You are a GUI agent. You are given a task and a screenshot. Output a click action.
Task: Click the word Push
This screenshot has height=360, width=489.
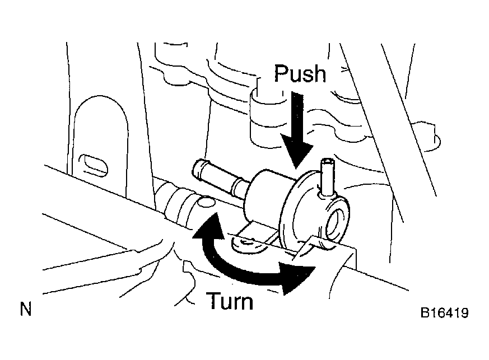point(300,73)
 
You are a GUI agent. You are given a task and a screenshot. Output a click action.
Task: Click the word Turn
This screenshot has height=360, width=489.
point(230,301)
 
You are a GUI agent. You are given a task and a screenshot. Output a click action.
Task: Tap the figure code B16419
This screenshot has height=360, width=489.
point(444,312)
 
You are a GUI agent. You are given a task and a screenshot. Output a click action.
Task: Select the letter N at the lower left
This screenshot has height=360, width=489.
point(26,309)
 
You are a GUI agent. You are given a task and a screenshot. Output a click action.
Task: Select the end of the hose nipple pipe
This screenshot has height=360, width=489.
point(198,169)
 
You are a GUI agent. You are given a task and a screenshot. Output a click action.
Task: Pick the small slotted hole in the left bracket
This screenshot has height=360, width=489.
point(94,164)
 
